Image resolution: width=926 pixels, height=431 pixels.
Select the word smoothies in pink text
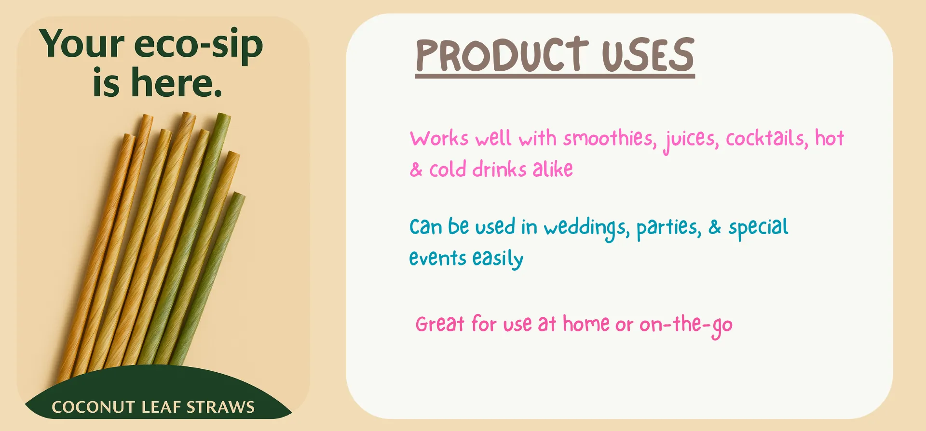610,139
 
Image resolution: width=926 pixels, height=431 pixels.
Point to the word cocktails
766,139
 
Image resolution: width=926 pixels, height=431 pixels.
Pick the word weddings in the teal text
586,228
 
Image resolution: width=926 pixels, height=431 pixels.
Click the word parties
668,228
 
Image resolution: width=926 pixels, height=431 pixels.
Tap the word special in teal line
758,228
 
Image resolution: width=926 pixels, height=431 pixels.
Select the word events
437,259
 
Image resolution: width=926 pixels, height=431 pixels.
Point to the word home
586,324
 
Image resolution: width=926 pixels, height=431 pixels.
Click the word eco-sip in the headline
198,45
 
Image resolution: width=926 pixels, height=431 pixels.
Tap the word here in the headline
177,83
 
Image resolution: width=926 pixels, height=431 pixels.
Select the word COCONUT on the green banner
93,407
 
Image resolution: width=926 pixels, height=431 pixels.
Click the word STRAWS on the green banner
220,407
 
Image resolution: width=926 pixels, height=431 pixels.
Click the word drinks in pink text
499,170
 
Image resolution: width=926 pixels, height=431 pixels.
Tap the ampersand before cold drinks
416,170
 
